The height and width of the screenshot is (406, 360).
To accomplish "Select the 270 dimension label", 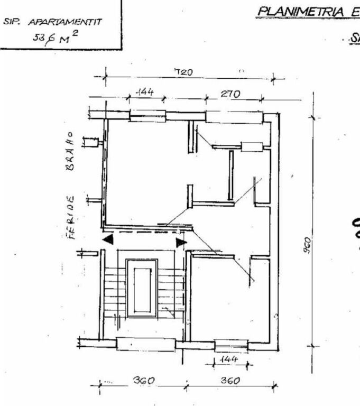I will (230, 94).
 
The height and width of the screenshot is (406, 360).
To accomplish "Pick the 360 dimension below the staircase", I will (143, 381).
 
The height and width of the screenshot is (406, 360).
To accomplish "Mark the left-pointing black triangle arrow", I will (108, 239).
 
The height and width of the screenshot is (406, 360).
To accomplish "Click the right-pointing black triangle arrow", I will (181, 242).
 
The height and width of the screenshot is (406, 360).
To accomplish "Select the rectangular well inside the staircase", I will (142, 288).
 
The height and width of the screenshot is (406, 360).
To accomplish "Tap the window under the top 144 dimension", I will (147, 116).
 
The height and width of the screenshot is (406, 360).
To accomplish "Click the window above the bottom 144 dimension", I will (231, 346).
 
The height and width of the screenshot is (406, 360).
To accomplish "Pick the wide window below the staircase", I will (145, 344).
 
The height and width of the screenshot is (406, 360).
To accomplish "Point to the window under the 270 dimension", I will (234, 117).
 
